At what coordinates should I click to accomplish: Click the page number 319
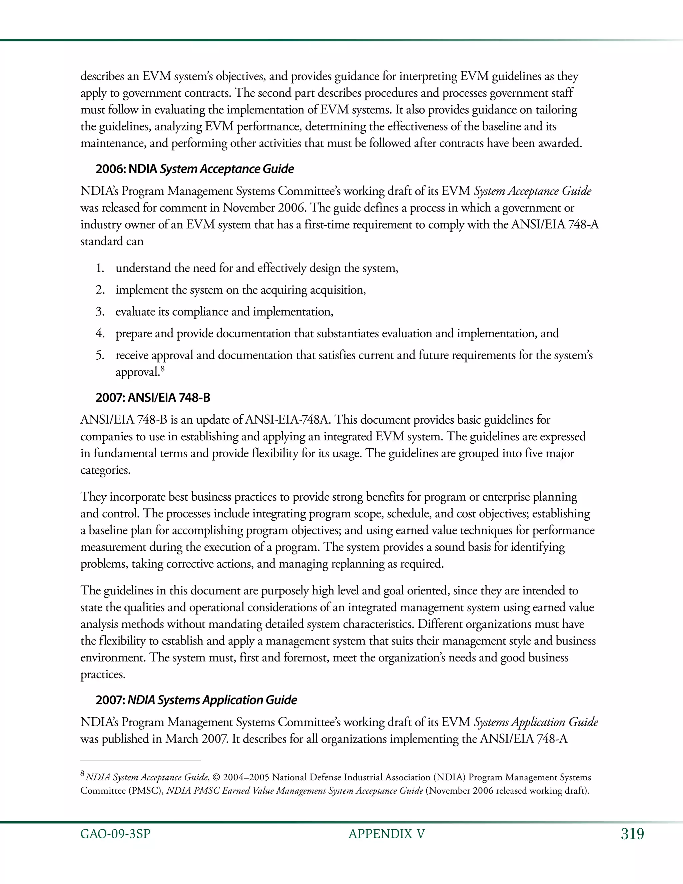pos(632,834)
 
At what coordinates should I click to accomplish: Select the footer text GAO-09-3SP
pos(115,834)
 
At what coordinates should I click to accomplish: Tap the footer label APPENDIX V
pos(387,834)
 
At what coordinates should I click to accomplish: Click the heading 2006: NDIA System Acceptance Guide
pos(195,169)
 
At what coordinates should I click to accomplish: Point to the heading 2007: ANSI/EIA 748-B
pos(153,398)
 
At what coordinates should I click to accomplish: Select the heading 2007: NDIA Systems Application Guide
pos(196,700)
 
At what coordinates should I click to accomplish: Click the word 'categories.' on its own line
pos(105,470)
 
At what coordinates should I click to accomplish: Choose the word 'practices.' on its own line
pos(103,674)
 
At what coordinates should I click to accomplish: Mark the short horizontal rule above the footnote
pos(140,760)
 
